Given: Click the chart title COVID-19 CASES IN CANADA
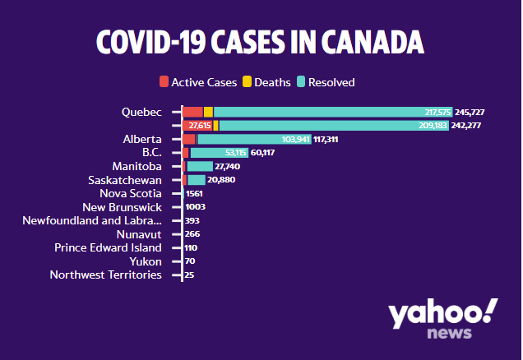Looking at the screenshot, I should click(x=261, y=44).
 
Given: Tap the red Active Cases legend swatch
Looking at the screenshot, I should click(x=164, y=82).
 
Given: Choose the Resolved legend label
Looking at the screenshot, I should click(x=331, y=82).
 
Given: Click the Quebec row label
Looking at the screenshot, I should click(x=141, y=112).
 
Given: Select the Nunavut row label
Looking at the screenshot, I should click(x=141, y=234).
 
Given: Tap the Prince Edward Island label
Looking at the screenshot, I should click(x=108, y=247).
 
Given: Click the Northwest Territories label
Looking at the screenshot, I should click(x=105, y=275).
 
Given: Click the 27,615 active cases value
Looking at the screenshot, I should click(x=200, y=126).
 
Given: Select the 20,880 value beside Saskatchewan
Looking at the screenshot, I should click(x=222, y=180).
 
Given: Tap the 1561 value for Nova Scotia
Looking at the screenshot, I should click(x=194, y=194).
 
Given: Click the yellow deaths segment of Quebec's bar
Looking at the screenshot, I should click(x=208, y=112).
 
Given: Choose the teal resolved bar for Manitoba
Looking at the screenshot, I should click(x=200, y=166).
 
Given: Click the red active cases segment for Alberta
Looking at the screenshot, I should click(x=189, y=139).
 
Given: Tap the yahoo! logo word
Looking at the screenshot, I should click(x=442, y=315).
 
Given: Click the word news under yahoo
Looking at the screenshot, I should click(x=449, y=333).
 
